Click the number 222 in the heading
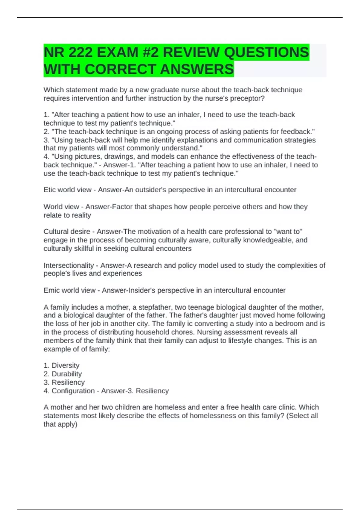80,52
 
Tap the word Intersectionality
69,265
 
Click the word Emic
51,290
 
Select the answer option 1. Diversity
61,365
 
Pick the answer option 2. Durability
63,374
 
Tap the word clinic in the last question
285,407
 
